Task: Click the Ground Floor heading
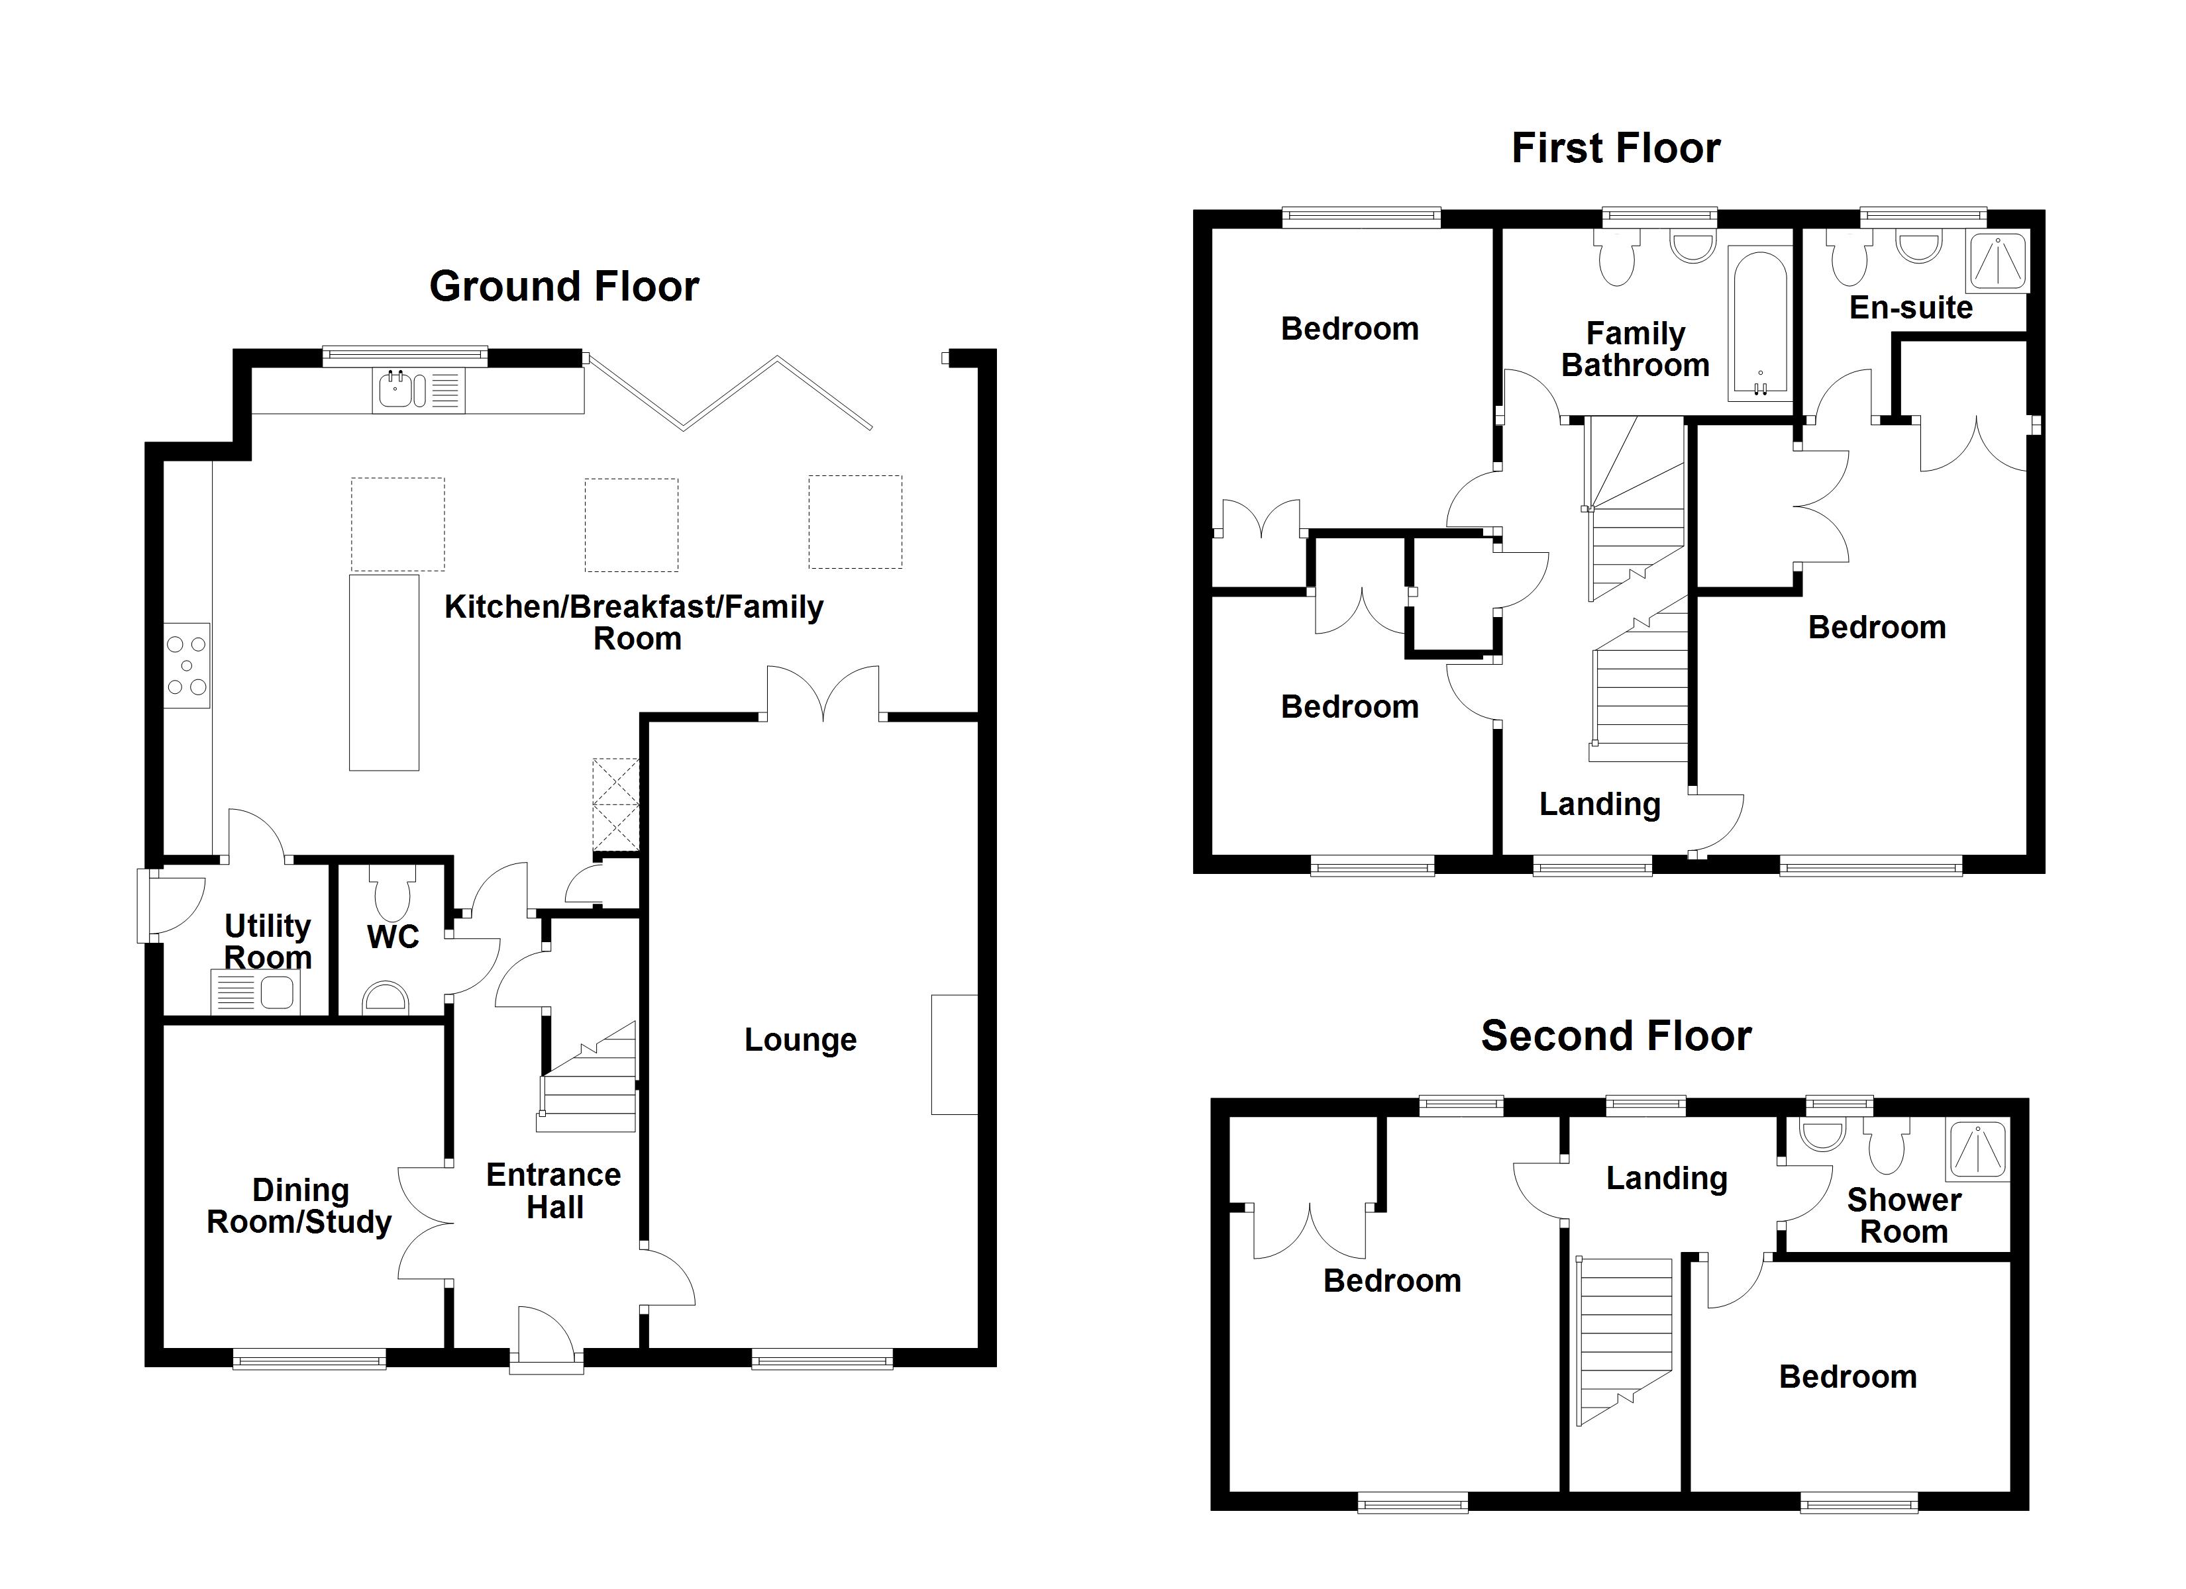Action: (564, 286)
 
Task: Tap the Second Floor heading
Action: (1616, 1036)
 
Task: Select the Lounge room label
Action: (800, 1039)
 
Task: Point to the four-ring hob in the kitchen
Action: (187, 665)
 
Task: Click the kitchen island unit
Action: (384, 671)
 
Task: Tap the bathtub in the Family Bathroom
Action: (1759, 324)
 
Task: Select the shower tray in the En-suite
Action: (2000, 260)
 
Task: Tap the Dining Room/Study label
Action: (300, 1206)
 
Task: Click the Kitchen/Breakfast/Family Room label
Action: (634, 622)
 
